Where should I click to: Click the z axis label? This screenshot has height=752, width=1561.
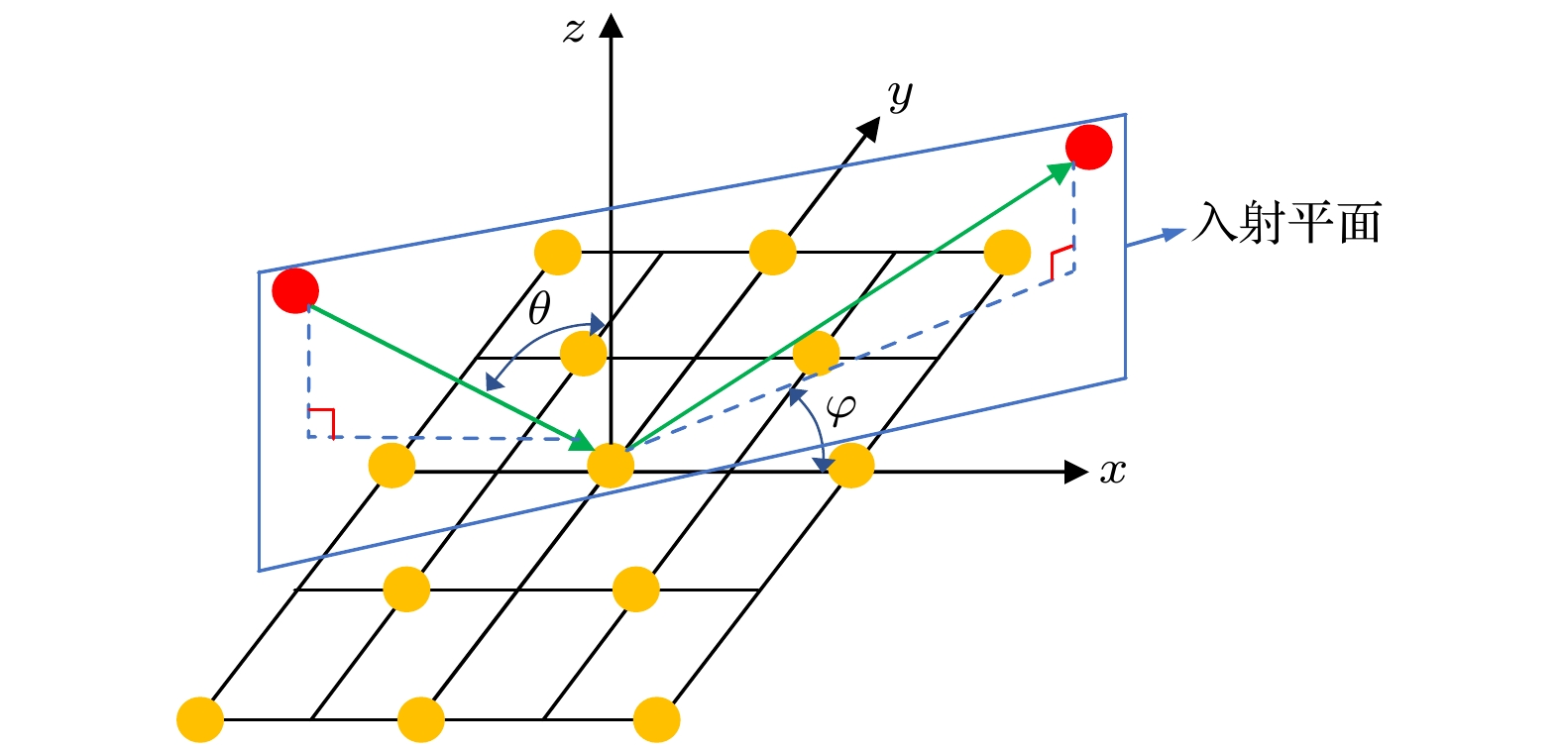click(575, 31)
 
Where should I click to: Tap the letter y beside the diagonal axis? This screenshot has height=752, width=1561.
click(900, 96)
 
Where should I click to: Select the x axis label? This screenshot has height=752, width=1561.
click(1113, 473)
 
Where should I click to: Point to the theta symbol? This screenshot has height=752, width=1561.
click(539, 309)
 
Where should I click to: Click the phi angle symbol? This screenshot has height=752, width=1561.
click(840, 408)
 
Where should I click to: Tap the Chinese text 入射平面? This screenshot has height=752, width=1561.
click(1286, 224)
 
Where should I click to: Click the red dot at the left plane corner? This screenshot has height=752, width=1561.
click(295, 291)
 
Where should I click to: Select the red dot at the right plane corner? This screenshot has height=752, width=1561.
click(1088, 148)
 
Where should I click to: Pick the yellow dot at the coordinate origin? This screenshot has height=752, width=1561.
click(611, 466)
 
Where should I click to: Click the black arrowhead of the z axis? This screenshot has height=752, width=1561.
click(612, 25)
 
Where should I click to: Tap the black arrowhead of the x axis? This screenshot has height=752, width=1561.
click(1076, 473)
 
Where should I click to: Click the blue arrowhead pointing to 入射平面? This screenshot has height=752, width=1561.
click(1173, 235)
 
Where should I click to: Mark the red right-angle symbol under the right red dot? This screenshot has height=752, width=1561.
click(1060, 261)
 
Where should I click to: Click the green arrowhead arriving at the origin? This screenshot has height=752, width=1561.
click(583, 442)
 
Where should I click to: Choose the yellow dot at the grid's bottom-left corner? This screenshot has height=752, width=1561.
click(200, 720)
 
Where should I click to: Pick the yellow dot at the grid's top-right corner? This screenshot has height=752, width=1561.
click(1007, 253)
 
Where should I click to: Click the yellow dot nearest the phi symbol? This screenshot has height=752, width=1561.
click(850, 466)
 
